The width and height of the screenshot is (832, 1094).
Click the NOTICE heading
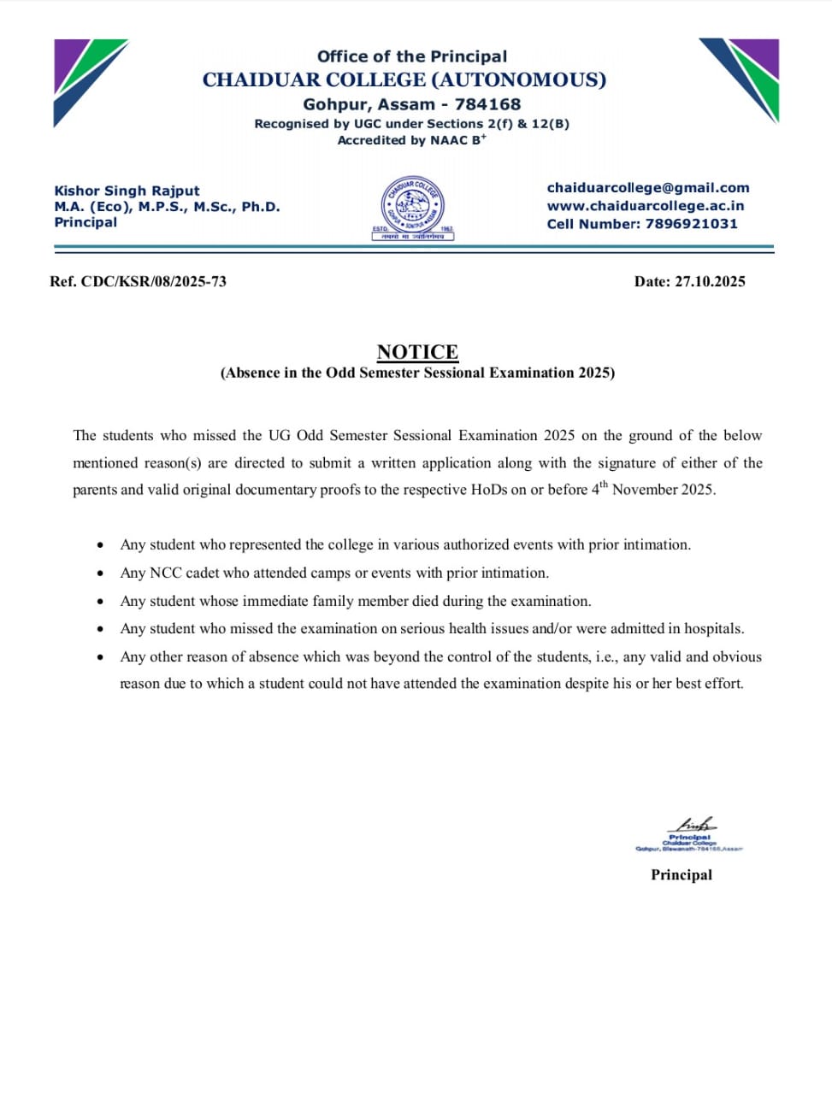point(417,351)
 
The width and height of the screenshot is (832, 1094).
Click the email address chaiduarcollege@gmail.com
point(647,188)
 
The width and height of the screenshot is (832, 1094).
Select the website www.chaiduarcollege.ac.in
point(646,206)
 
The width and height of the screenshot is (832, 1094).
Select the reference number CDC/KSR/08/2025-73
point(154,282)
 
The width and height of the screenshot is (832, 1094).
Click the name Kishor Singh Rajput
point(127,191)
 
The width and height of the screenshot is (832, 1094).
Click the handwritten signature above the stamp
point(694,825)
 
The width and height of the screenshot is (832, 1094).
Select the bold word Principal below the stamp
point(681,874)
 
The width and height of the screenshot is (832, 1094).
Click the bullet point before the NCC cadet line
point(102,573)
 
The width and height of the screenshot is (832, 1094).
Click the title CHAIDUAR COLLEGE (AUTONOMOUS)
point(404,79)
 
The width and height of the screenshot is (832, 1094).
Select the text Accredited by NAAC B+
point(411,140)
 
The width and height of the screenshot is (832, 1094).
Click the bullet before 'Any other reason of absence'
point(102,657)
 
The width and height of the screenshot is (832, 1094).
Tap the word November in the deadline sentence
point(645,491)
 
